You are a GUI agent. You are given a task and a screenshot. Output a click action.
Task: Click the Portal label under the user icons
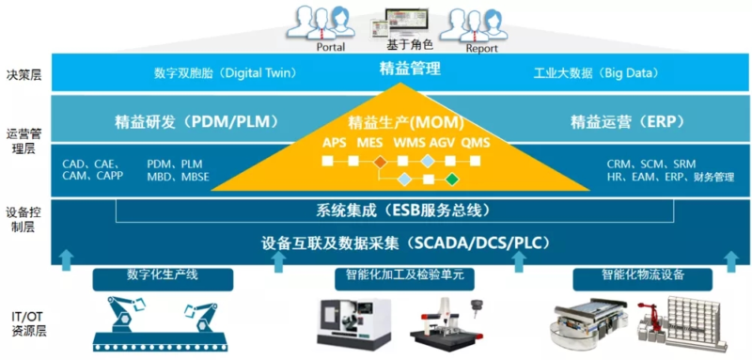pyautogui.click(x=331, y=47)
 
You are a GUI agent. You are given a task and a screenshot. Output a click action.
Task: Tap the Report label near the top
pyautogui.click(x=481, y=49)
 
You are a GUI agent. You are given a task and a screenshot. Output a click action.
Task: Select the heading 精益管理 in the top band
pyautogui.click(x=409, y=70)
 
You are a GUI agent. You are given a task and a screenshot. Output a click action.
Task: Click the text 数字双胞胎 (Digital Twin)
pyautogui.click(x=226, y=73)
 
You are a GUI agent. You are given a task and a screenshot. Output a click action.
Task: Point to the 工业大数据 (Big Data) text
pyautogui.click(x=596, y=73)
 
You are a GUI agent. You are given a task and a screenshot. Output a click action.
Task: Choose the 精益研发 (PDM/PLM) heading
pyautogui.click(x=196, y=122)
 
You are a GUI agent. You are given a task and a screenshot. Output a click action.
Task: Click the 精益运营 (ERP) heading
pyautogui.click(x=626, y=122)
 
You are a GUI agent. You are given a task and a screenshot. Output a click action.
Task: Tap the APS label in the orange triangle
pyautogui.click(x=334, y=143)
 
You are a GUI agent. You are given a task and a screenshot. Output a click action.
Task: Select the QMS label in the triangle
pyautogui.click(x=476, y=143)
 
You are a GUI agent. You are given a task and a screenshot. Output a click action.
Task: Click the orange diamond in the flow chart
pyautogui.click(x=380, y=162)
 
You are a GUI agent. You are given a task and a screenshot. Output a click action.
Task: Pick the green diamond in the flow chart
pyautogui.click(x=451, y=180)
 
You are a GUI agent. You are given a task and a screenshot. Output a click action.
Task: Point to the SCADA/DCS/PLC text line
pyautogui.click(x=405, y=243)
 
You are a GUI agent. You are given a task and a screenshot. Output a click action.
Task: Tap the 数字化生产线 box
pyautogui.click(x=163, y=279)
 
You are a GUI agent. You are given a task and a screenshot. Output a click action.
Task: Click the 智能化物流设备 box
pyautogui.click(x=643, y=279)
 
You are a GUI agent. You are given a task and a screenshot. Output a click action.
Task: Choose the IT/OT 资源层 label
pyautogui.click(x=26, y=323)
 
